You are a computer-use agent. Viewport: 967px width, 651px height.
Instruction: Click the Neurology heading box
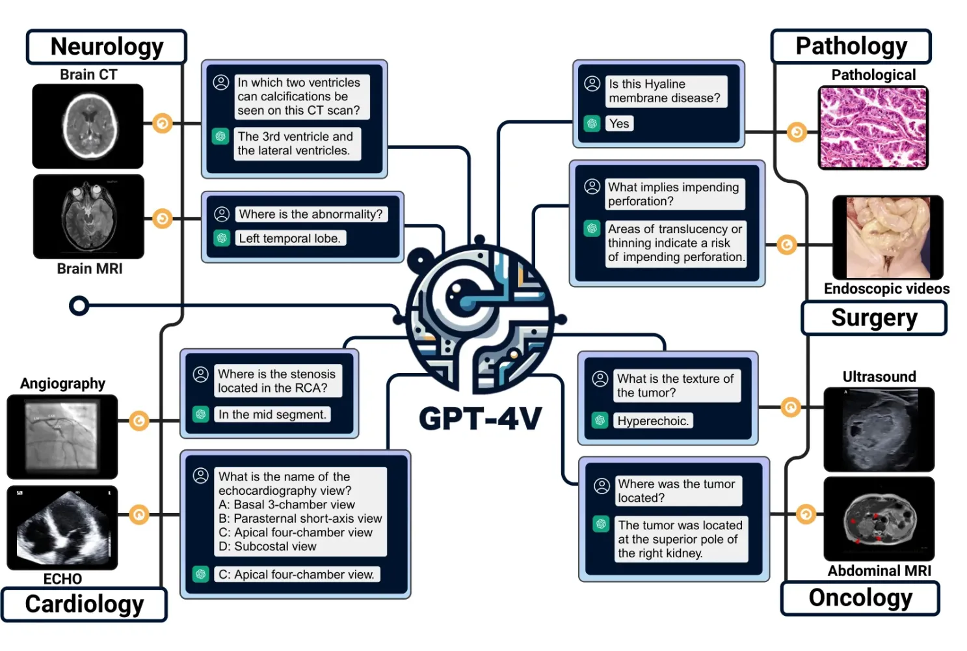107,47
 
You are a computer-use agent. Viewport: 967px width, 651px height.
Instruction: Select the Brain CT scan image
88,126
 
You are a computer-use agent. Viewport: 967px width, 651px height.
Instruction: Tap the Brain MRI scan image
88,216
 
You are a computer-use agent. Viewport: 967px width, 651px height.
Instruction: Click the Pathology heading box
851,46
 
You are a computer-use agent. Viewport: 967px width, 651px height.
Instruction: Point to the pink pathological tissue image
873,128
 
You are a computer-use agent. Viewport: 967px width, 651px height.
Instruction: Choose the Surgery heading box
873,318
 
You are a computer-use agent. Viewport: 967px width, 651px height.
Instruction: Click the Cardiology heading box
85,604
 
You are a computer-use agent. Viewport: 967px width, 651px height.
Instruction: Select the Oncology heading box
860,598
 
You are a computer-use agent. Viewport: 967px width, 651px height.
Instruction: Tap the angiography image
62,436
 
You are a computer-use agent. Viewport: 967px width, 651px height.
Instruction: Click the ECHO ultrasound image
62,527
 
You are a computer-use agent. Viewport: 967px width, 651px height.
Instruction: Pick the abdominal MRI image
879,519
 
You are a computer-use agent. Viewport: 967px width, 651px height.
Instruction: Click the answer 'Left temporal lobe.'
289,238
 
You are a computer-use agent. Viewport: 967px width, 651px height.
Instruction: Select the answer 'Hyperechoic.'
653,421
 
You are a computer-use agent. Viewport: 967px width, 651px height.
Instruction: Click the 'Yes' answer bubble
619,124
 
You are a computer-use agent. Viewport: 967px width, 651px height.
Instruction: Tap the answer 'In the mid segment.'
272,415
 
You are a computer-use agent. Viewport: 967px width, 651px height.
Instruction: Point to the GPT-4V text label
480,419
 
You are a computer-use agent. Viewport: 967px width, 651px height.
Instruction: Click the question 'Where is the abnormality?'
311,214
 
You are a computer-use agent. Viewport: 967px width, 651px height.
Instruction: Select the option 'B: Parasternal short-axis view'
300,519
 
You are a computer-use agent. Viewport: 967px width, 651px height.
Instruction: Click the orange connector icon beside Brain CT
163,123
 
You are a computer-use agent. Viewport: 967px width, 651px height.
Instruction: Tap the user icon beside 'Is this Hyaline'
592,84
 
